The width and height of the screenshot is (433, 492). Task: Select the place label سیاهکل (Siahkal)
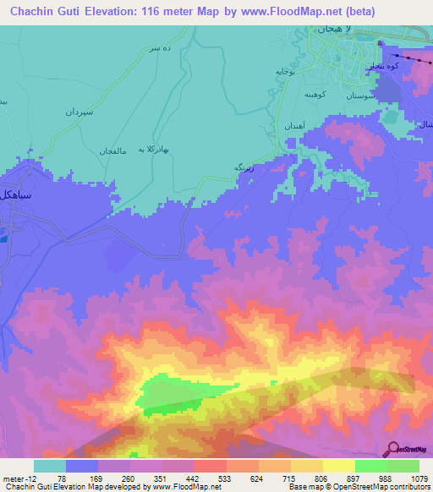click(17, 194)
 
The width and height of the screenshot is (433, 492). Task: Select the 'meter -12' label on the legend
click(19, 478)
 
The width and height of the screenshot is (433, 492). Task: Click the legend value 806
click(322, 478)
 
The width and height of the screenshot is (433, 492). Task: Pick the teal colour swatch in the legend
click(50, 466)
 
